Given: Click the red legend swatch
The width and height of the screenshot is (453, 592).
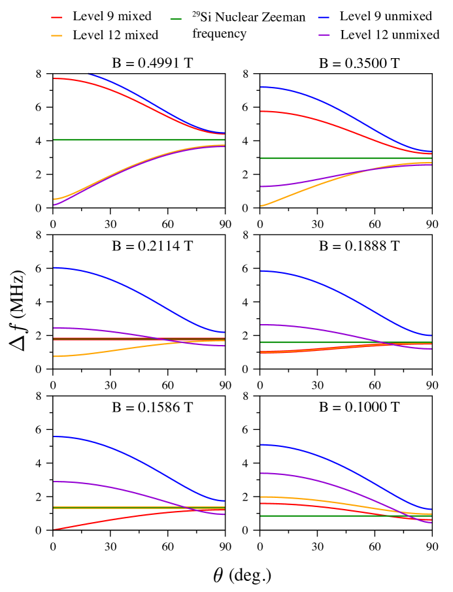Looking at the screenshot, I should (57, 18).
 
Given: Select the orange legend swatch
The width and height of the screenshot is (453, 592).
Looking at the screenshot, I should (57, 36).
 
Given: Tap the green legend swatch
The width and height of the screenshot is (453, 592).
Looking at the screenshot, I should (176, 19).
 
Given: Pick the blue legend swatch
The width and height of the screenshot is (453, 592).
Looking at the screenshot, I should (324, 18).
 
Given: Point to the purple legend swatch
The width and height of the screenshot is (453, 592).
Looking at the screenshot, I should (324, 35).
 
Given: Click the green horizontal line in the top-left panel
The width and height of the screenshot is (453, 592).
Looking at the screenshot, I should (131, 139).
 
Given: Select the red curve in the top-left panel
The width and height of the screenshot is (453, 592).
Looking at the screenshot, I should (65, 79).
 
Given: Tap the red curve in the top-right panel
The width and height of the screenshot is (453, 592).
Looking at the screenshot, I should (294, 115).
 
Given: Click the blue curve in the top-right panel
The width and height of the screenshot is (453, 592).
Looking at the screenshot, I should (294, 91).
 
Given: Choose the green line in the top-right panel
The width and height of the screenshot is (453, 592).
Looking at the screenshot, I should (327, 158).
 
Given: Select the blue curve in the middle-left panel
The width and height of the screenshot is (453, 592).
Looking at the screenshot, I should (131, 288).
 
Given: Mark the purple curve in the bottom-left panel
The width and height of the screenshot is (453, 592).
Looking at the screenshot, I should (98, 485).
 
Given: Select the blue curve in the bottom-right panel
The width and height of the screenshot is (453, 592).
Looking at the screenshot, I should (327, 459).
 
